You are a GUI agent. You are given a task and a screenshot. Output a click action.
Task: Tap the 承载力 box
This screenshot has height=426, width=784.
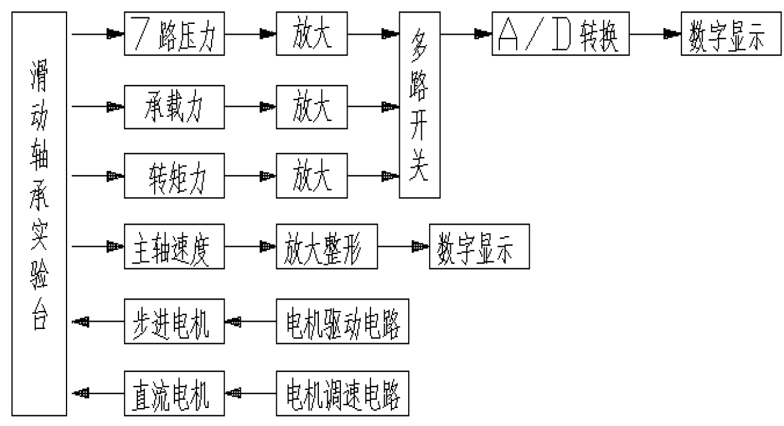(174, 108)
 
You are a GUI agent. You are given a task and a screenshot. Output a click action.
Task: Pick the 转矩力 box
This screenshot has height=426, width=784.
(174, 177)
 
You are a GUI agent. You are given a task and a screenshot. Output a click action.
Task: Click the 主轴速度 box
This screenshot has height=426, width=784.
(174, 246)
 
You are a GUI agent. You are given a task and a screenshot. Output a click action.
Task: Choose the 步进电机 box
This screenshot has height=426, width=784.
(174, 322)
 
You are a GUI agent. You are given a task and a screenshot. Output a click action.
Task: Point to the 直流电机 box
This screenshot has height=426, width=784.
(174, 394)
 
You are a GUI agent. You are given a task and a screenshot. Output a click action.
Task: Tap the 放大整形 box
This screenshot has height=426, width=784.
(327, 246)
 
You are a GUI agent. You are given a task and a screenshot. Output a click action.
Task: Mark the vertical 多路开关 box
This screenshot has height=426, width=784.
(420, 108)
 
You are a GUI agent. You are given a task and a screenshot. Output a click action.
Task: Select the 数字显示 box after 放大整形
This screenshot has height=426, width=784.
(479, 246)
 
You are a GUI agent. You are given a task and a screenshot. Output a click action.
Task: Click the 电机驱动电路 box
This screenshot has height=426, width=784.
(343, 322)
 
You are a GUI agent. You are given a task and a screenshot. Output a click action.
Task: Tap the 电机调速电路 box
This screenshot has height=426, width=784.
(343, 394)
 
